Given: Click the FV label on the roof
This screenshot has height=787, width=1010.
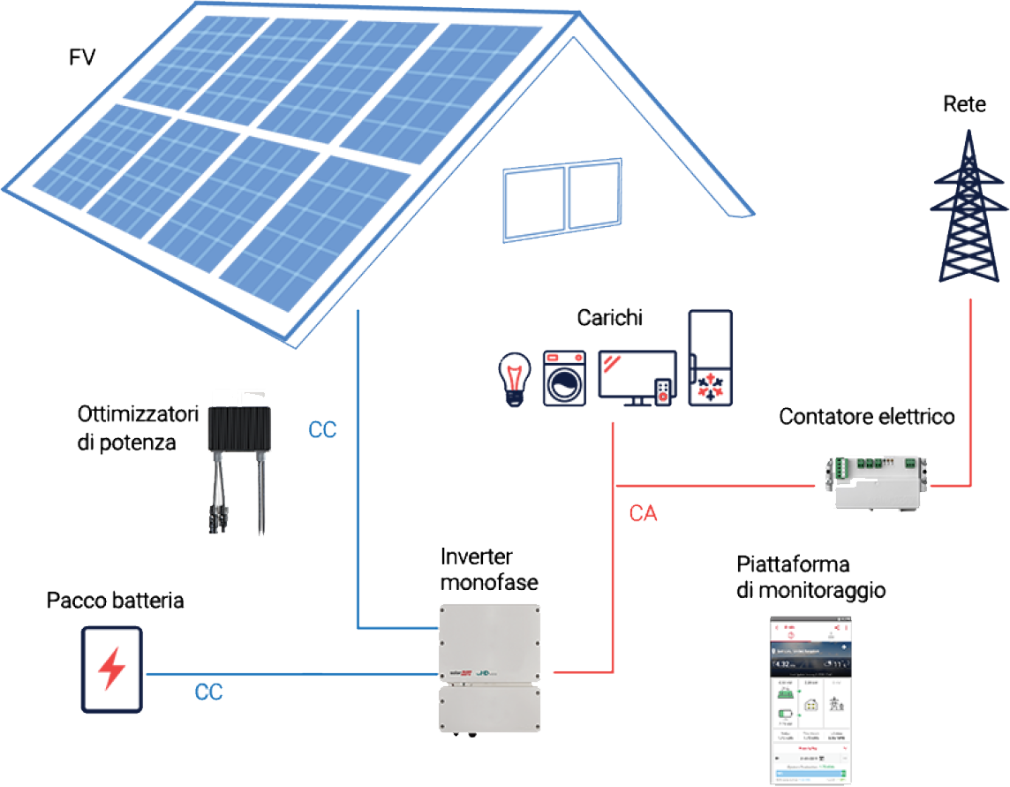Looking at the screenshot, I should [82, 58].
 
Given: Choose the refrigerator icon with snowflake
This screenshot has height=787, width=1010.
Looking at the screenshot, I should [711, 357].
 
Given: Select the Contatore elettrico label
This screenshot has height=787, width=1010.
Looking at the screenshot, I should [866, 416].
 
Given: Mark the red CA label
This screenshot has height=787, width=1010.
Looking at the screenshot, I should [644, 512].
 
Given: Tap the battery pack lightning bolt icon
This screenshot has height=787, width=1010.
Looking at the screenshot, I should [110, 670].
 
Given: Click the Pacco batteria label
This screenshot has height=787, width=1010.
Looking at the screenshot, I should [115, 603].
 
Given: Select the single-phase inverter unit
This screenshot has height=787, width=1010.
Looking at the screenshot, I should [488, 668].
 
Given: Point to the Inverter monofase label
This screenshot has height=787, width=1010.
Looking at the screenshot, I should [489, 571].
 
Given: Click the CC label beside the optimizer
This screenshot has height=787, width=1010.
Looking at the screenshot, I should [322, 430].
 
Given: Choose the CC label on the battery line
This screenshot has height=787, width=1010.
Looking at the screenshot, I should [209, 692].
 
